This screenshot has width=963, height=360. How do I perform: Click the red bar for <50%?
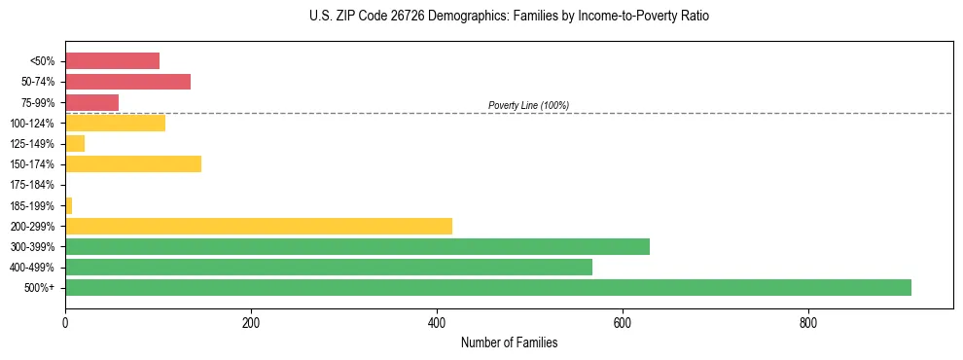coord(112,61)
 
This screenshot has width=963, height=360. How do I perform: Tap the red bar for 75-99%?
coord(91,102)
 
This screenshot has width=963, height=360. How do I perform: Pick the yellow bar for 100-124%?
coord(115,123)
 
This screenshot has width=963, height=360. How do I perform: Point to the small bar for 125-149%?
coord(75,143)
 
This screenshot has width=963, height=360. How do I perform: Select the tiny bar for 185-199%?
coord(69,205)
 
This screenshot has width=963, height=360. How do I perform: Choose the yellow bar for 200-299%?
coord(259,226)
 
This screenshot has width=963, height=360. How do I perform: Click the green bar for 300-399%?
coord(357,246)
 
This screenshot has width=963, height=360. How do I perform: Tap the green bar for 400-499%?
coord(329,267)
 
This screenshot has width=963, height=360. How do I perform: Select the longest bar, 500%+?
coord(488,287)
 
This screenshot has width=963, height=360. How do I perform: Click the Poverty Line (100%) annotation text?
coord(528,105)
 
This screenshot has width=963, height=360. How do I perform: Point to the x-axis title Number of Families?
coord(509,342)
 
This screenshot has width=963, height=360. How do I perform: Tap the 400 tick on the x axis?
coord(437,322)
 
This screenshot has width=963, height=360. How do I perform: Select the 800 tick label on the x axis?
coord(808,322)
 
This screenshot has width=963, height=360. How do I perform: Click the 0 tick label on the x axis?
coord(65,322)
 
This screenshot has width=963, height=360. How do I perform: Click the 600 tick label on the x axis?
coord(623,322)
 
